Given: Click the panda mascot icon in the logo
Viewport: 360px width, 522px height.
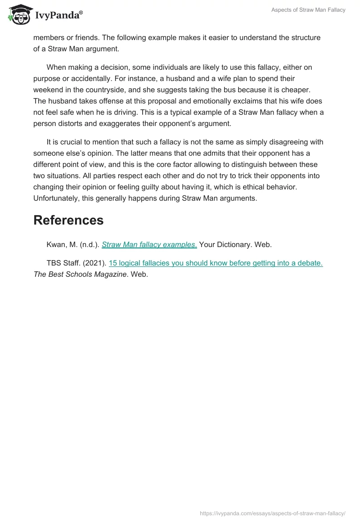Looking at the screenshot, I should (x=18, y=14).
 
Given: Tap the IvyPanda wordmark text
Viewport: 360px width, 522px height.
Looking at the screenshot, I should (x=59, y=15).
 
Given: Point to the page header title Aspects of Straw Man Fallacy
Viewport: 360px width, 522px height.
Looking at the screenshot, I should (x=308, y=10).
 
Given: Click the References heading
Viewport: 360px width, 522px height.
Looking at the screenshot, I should (x=68, y=220).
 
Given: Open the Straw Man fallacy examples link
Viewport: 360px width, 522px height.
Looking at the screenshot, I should (x=149, y=245).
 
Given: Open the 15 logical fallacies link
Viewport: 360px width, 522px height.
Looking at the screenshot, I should (x=216, y=263).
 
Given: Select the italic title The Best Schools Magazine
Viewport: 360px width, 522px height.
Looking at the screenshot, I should (x=80, y=274).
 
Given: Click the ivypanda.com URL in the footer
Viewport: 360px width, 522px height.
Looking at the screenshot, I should (x=272, y=513).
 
